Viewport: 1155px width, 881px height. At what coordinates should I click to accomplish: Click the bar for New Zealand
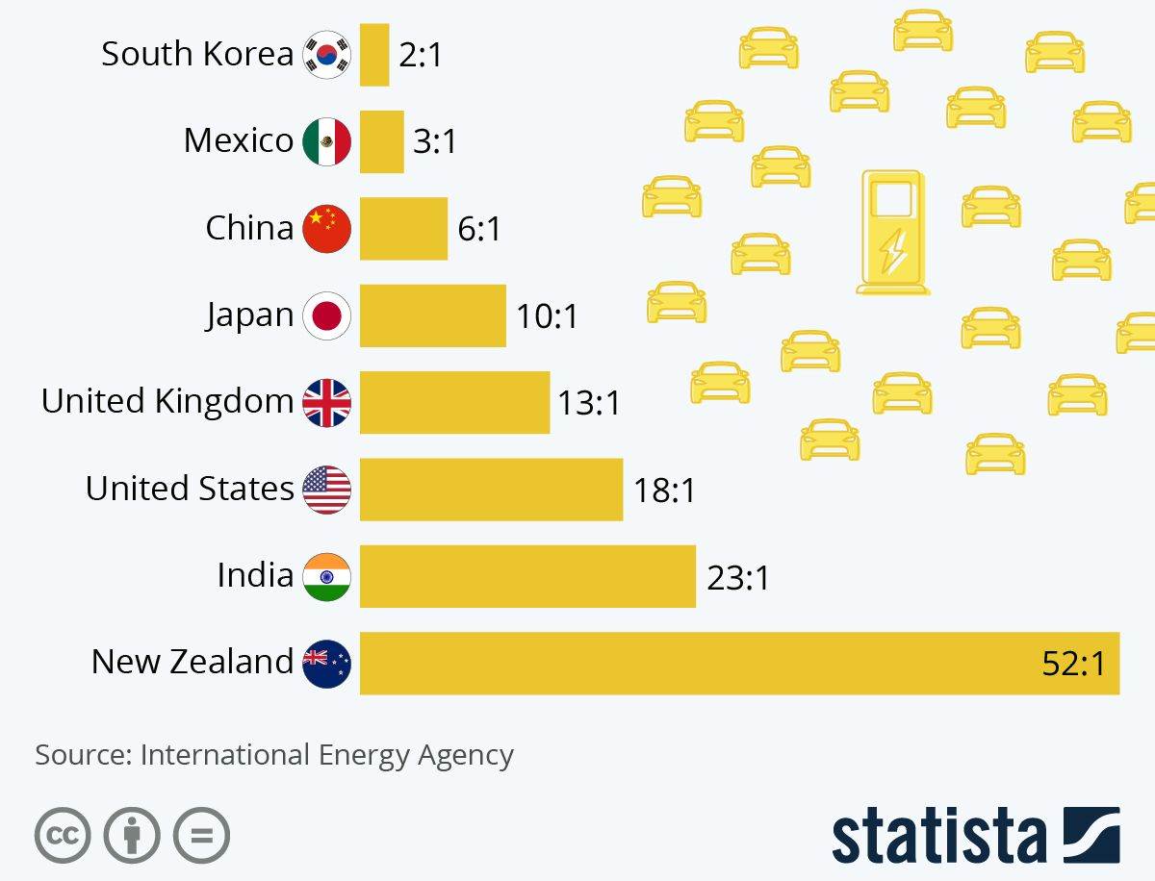(x=739, y=663)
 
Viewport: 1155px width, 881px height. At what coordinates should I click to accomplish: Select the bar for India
(x=527, y=576)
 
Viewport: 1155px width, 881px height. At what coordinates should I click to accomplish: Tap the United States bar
(x=491, y=490)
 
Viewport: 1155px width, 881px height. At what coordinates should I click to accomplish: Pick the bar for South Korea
(x=374, y=55)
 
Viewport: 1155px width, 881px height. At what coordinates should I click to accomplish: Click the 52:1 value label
(x=1073, y=664)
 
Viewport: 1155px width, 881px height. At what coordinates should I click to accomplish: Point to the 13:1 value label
(x=589, y=403)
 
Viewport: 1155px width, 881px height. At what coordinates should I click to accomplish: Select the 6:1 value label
(x=479, y=229)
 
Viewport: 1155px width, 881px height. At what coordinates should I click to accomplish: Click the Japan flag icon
(x=327, y=315)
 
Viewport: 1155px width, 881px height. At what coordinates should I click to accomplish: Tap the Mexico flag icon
(x=327, y=142)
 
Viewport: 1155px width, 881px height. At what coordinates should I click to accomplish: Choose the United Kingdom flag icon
(x=327, y=403)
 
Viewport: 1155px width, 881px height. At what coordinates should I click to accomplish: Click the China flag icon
(x=327, y=229)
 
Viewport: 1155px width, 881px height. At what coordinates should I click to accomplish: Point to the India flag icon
(x=327, y=576)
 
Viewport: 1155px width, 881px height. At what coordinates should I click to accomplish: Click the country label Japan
(x=249, y=315)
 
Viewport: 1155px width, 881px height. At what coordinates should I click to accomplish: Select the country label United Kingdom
(x=167, y=401)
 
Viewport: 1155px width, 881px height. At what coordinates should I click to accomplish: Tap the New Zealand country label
(x=192, y=662)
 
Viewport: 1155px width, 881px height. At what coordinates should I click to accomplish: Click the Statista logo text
(x=938, y=835)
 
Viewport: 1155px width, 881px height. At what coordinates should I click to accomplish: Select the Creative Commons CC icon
(x=63, y=834)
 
